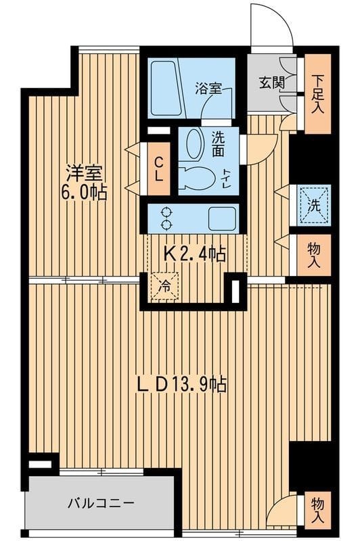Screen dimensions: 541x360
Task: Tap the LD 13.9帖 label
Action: click(x=181, y=385)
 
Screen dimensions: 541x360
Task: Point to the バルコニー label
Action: click(x=101, y=503)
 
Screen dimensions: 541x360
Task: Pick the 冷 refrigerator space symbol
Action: click(x=164, y=285)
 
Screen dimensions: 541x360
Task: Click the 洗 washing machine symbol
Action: click(x=311, y=204)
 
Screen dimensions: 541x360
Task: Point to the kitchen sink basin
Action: click(x=221, y=218)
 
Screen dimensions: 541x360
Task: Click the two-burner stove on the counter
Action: click(x=166, y=218)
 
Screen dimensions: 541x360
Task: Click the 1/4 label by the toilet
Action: click(x=225, y=177)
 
